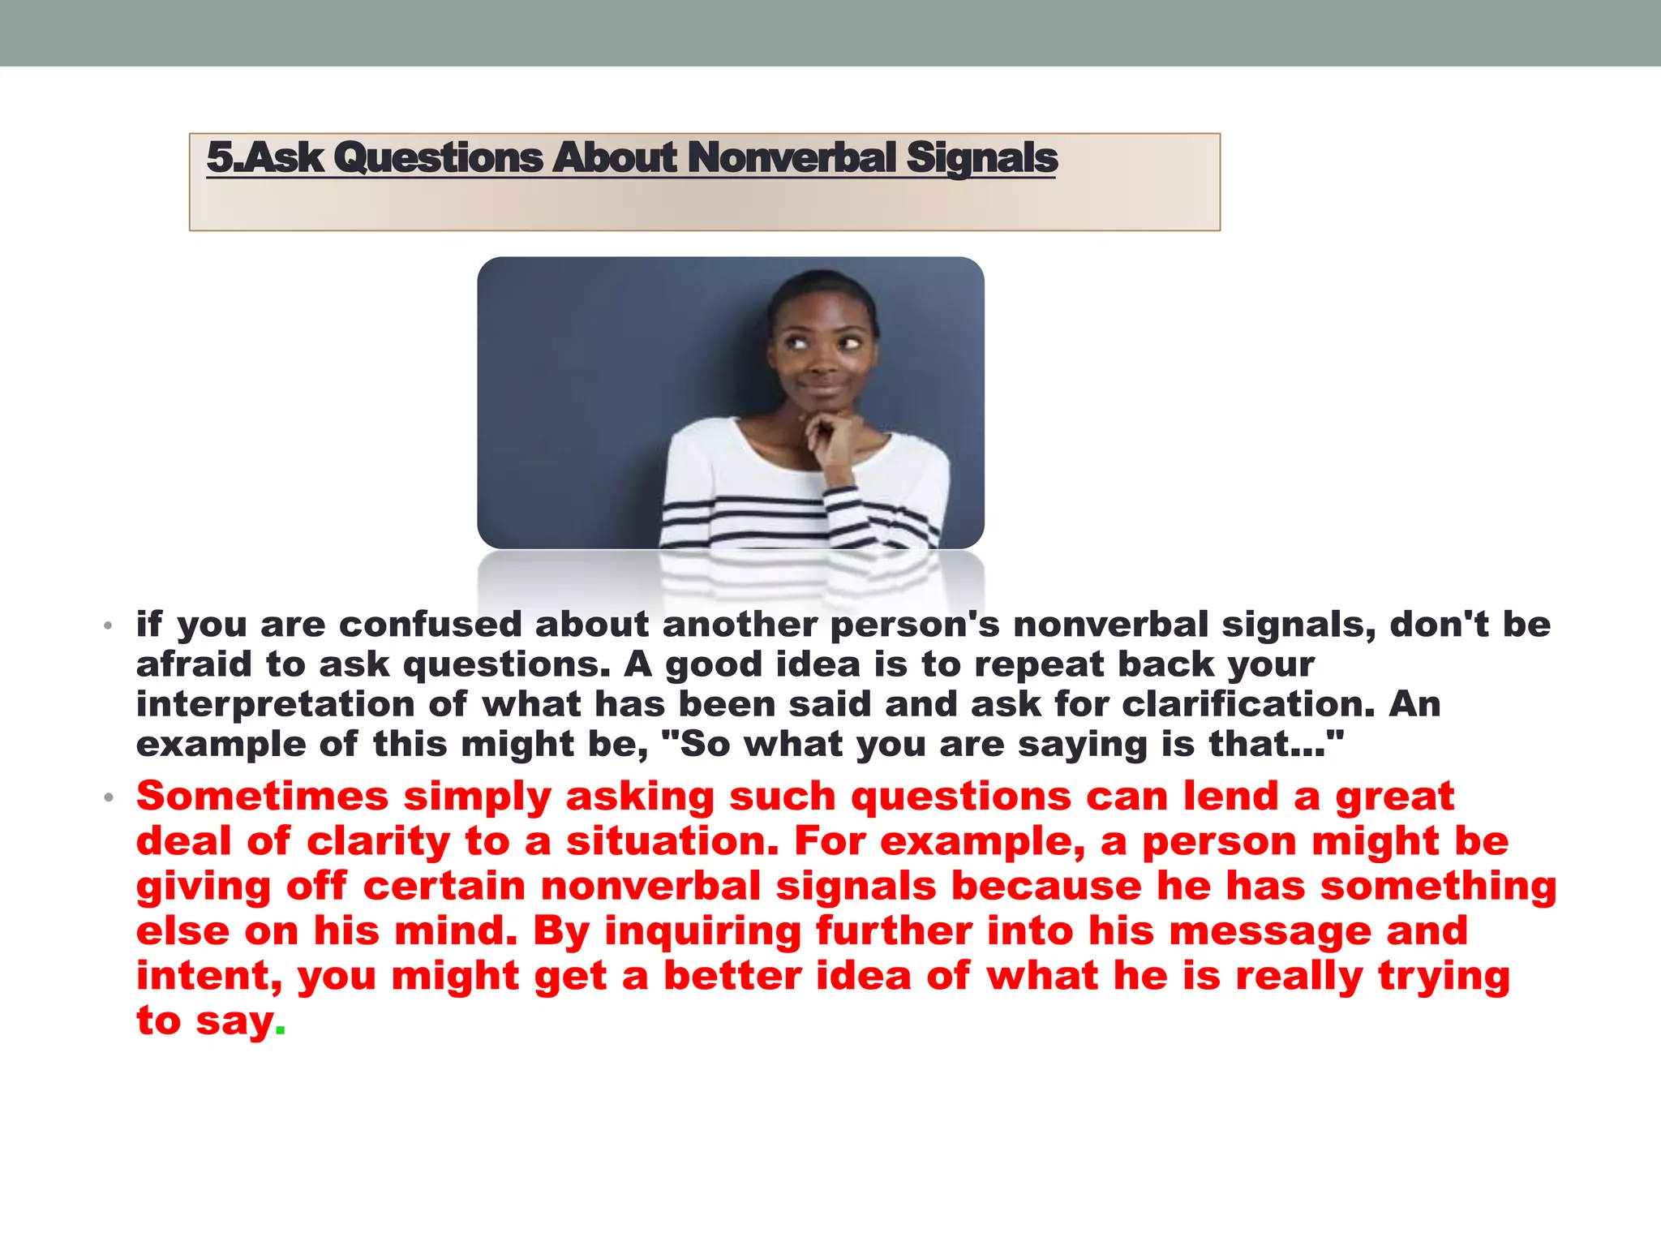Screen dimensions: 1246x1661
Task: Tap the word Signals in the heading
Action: tap(981, 157)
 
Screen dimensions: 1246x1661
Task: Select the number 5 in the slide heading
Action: tap(218, 157)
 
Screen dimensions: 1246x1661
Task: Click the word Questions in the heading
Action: tap(437, 157)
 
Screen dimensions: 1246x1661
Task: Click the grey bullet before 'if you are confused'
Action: tap(108, 625)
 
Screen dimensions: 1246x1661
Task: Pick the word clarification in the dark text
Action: tap(1247, 704)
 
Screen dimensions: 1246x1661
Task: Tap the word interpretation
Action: tap(275, 704)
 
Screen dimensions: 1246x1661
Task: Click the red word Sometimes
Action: tap(262, 797)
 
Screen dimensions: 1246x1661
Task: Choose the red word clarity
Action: tap(378, 841)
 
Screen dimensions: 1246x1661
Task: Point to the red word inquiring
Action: tap(702, 931)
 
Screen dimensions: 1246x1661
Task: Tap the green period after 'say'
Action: tap(281, 1030)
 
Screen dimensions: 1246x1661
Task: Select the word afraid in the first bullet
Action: tap(194, 664)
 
